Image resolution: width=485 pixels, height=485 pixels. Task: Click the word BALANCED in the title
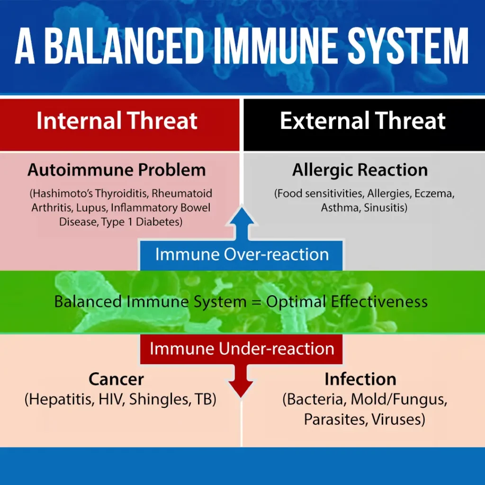pyautogui.click(x=124, y=46)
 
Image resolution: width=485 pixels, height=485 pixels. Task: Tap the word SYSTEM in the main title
pyautogui.click(x=408, y=46)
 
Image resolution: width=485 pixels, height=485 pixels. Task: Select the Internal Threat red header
pyautogui.click(x=119, y=125)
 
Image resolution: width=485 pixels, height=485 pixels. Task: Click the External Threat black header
pyautogui.click(x=364, y=125)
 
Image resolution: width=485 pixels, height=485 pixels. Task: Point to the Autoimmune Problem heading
pyautogui.click(x=117, y=170)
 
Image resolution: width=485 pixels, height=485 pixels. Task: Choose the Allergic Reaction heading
pyautogui.click(x=360, y=171)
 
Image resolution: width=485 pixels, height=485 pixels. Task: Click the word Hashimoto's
pyautogui.click(x=61, y=193)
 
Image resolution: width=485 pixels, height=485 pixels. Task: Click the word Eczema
pyautogui.click(x=434, y=194)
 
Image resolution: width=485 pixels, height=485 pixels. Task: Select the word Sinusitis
pyautogui.click(x=386, y=207)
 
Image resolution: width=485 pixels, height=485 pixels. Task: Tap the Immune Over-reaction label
pyautogui.click(x=242, y=254)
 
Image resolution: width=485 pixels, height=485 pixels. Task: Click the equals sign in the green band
pyautogui.click(x=256, y=302)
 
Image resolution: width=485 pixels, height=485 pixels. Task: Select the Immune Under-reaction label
pyautogui.click(x=242, y=349)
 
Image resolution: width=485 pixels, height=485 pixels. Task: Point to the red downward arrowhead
pyautogui.click(x=241, y=388)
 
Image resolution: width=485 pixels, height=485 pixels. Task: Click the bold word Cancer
pyautogui.click(x=117, y=379)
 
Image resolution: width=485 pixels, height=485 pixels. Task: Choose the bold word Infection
pyautogui.click(x=360, y=379)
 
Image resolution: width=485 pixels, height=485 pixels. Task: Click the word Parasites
pyautogui.click(x=336, y=420)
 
